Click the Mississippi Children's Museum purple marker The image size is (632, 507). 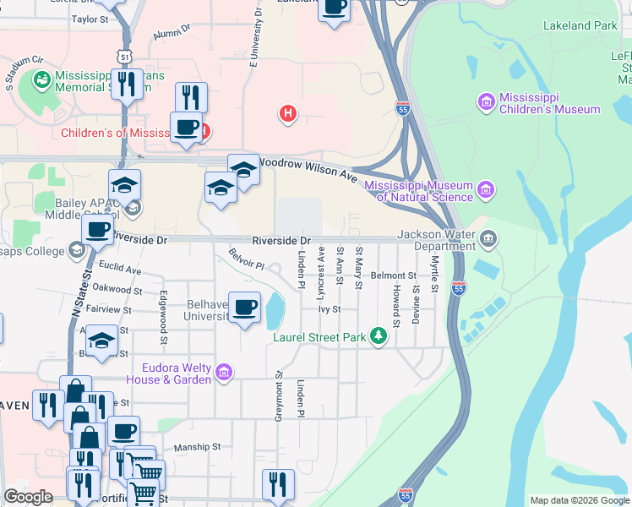(x=486, y=102)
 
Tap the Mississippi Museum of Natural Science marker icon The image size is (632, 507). (x=486, y=189)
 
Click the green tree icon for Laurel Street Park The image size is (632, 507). (x=379, y=337)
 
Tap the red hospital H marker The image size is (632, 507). (x=288, y=112)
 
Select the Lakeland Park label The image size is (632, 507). (x=581, y=26)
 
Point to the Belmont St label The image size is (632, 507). (x=393, y=275)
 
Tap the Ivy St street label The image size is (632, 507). (x=329, y=309)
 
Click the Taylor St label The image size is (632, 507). (x=90, y=19)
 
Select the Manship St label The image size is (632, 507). (x=196, y=447)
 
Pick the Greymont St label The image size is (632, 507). (x=278, y=396)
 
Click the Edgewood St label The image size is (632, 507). (x=162, y=309)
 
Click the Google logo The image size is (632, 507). (x=28, y=497)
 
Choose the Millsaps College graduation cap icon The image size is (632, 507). (x=76, y=250)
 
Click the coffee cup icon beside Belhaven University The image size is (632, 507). (x=245, y=307)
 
